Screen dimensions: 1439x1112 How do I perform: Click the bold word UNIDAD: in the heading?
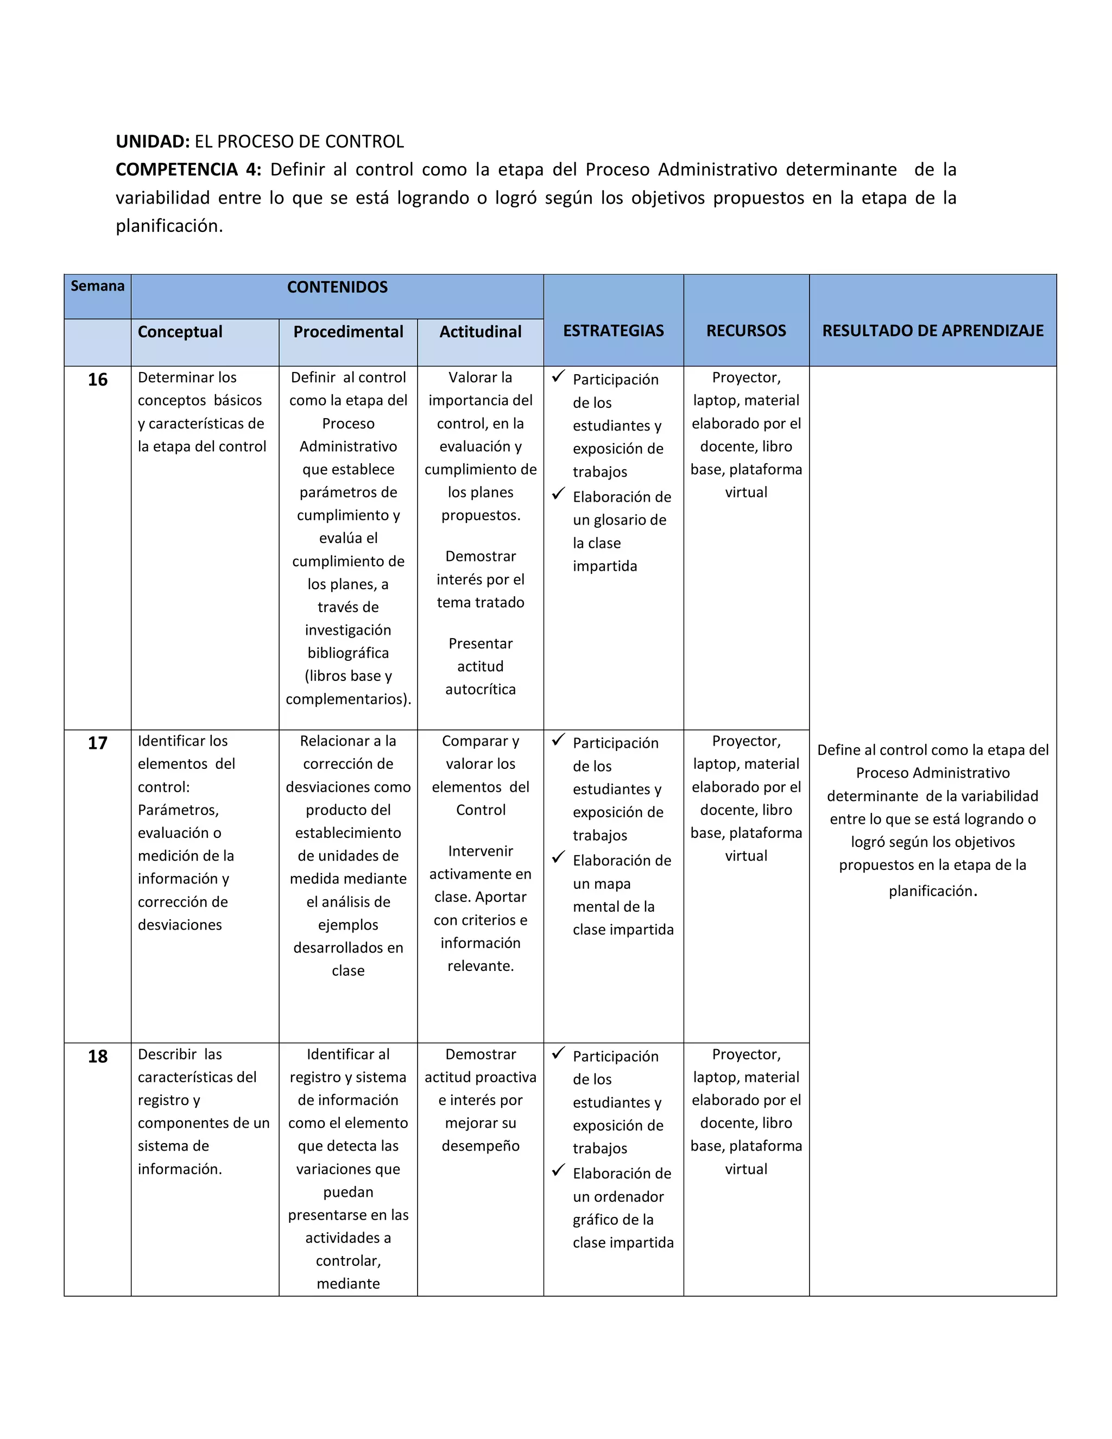(153, 142)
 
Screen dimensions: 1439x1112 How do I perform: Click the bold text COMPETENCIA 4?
(188, 170)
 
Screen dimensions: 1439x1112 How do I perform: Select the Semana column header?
(98, 286)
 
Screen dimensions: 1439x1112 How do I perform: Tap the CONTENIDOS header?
(337, 287)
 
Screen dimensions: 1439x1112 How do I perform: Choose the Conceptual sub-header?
(180, 332)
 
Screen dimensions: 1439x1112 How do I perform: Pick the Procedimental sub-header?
(348, 332)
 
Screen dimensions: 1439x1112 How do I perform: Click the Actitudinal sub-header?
(480, 332)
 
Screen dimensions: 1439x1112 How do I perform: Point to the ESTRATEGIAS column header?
(614, 331)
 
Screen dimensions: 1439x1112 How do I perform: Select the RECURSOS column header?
(745, 331)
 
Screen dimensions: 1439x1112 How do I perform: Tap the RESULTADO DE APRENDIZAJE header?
(932, 331)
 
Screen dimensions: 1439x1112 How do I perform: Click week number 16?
(98, 380)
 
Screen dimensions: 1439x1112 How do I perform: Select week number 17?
(98, 744)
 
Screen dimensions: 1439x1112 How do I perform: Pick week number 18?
(98, 1057)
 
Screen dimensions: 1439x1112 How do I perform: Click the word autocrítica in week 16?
(480, 690)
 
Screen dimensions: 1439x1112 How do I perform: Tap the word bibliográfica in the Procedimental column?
(348, 653)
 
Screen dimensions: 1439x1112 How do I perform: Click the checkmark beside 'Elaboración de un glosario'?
(559, 494)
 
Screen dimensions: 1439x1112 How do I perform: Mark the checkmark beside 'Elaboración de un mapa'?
(559, 857)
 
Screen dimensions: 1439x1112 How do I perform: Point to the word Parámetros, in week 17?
(178, 810)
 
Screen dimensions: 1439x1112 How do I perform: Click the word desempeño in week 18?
(480, 1146)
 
